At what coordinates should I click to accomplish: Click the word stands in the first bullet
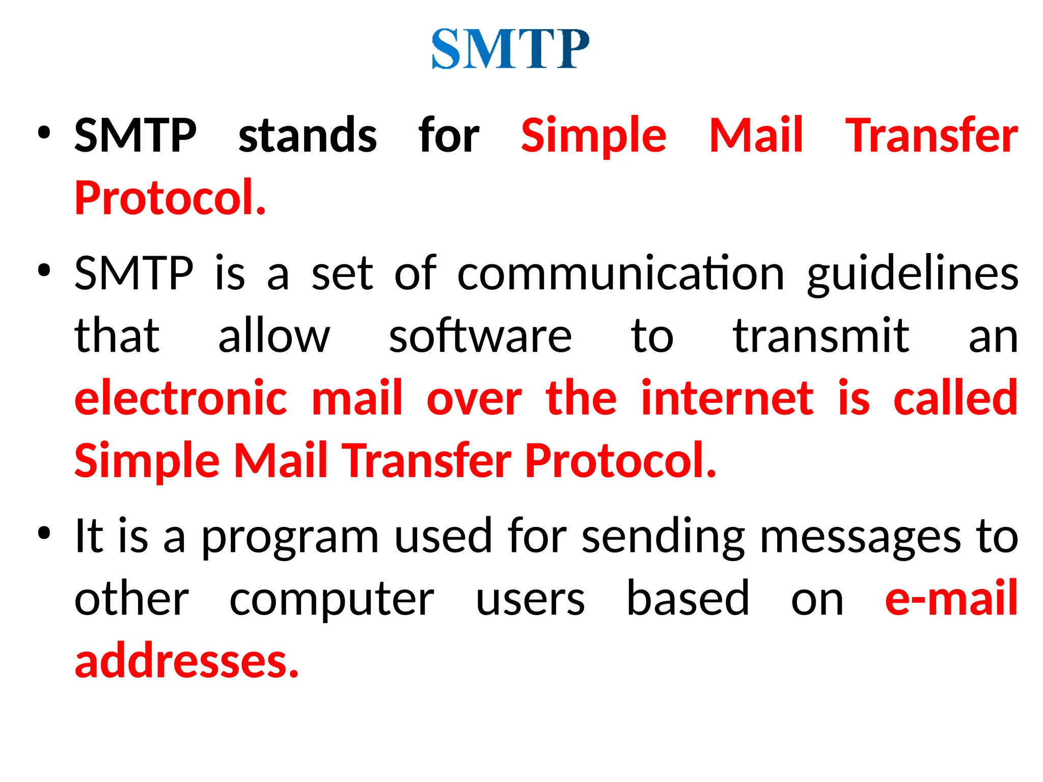coord(308,135)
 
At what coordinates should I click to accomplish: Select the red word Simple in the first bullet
coord(593,135)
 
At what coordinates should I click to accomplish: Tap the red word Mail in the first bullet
coord(756,135)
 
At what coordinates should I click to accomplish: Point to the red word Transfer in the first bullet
coord(931,135)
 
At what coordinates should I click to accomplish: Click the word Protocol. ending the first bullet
coord(170,198)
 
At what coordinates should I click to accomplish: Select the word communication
coord(621,274)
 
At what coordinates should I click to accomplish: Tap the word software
coord(480,336)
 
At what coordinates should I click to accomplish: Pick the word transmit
coord(821,336)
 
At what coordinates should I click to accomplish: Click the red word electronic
coord(181,398)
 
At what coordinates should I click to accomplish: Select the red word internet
coord(727,398)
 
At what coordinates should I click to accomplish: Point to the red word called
coord(955,398)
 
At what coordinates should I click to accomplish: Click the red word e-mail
coord(951,599)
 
